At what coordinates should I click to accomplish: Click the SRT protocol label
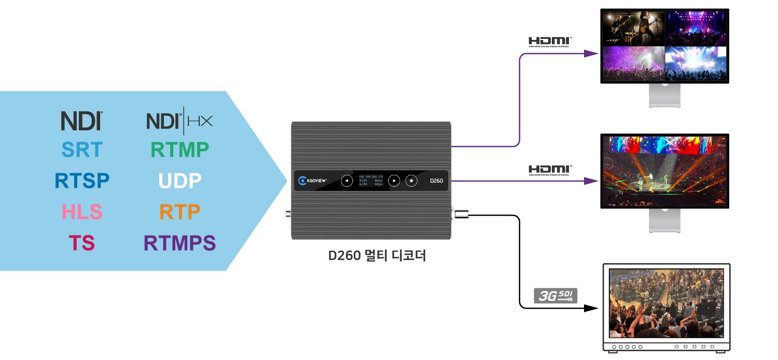[x=82, y=150]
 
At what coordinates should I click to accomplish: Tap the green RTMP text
[x=179, y=150]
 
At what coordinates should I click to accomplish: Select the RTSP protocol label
[x=82, y=181]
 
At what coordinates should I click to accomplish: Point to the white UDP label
[x=179, y=181]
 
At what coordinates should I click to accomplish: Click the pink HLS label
[x=82, y=212]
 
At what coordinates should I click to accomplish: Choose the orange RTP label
[x=179, y=212]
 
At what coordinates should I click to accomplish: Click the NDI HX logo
[x=179, y=120]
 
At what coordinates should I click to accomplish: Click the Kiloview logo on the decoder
[x=312, y=181]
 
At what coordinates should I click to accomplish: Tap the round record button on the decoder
[x=411, y=181]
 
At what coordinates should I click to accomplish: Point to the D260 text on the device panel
[x=435, y=181]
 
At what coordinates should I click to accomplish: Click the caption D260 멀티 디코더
[x=377, y=256]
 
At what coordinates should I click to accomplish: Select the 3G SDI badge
[x=555, y=296]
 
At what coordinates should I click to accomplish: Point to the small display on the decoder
[x=370, y=181]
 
